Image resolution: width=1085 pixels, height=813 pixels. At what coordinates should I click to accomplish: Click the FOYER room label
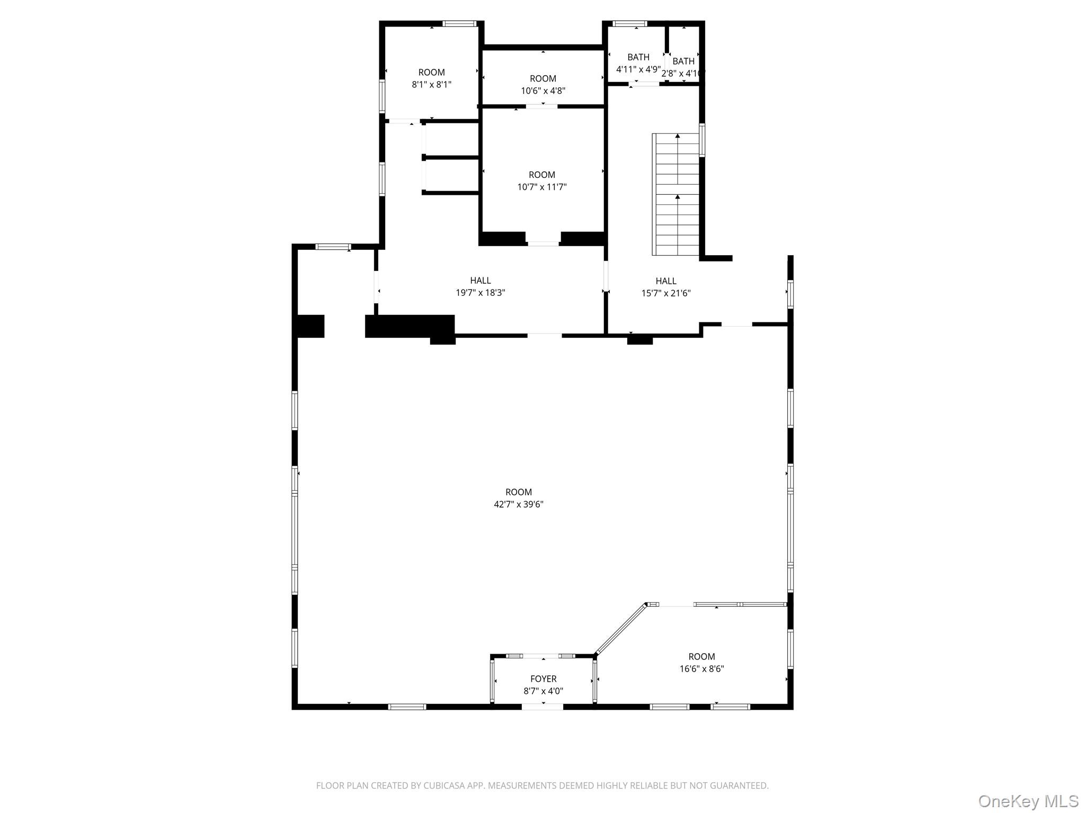pyautogui.click(x=543, y=679)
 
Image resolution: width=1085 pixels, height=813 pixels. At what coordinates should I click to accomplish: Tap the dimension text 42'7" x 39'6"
pyautogui.click(x=518, y=504)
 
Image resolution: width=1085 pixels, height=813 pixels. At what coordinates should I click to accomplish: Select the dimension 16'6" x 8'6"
pyautogui.click(x=701, y=669)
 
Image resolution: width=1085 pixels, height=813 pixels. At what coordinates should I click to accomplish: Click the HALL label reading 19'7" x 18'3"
pyautogui.click(x=480, y=281)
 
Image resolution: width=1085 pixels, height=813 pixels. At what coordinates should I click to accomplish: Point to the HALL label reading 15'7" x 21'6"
pyautogui.click(x=665, y=281)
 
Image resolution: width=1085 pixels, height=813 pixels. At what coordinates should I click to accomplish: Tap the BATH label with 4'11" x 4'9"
pyautogui.click(x=638, y=57)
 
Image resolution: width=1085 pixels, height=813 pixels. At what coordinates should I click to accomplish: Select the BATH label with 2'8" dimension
pyautogui.click(x=683, y=61)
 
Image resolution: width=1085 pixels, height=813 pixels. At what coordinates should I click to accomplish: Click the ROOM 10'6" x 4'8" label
pyautogui.click(x=542, y=79)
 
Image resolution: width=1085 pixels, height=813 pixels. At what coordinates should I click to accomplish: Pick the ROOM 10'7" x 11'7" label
pyautogui.click(x=541, y=175)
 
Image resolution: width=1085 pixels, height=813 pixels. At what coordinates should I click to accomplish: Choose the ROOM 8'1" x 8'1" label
pyautogui.click(x=431, y=73)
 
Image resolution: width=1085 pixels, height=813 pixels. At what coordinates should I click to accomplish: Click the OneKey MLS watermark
pyautogui.click(x=1028, y=801)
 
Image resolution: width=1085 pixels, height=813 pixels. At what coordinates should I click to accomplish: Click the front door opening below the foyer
pyautogui.click(x=542, y=707)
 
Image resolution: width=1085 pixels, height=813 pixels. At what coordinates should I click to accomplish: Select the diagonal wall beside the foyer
pyautogui.click(x=620, y=629)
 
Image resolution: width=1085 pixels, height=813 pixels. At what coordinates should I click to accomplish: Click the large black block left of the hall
pyautogui.click(x=410, y=326)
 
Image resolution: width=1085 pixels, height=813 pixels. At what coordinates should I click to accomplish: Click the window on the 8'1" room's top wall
pyautogui.click(x=459, y=23)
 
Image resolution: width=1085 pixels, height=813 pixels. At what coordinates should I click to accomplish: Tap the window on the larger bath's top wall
pyautogui.click(x=629, y=23)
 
